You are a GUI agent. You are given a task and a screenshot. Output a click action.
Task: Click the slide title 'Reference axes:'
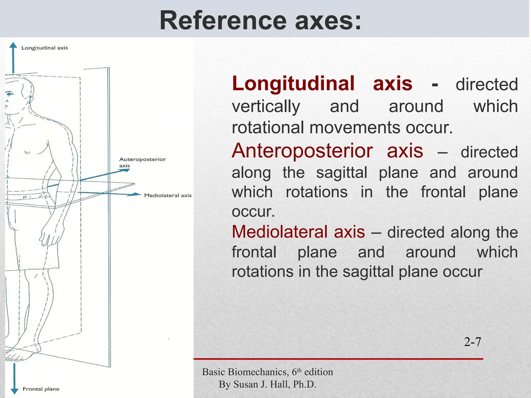coord(260,21)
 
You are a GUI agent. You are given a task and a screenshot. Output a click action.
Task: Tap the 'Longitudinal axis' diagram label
coord(45,48)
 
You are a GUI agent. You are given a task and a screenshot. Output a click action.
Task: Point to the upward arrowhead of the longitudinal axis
coord(13,45)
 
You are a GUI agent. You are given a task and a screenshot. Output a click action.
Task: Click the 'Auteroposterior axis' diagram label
coord(142,162)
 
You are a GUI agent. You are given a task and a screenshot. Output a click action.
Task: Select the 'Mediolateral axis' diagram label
coord(168,195)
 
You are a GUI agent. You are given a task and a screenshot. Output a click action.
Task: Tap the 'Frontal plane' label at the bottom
coord(41,389)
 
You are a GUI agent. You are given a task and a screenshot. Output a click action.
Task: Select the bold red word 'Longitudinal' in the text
coord(293,84)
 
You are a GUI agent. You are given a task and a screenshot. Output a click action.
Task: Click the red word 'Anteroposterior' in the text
coord(302,151)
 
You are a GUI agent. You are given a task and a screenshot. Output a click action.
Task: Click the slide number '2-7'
coord(472,342)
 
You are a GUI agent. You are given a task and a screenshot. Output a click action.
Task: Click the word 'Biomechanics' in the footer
coord(258,372)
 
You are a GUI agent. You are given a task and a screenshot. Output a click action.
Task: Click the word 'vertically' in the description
coord(266,106)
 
